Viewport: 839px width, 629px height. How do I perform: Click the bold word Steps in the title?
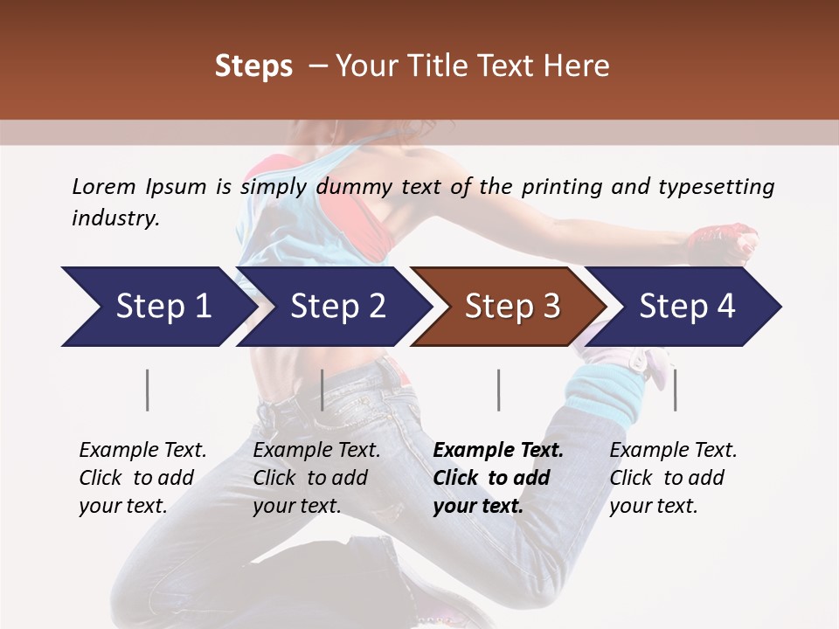pos(253,66)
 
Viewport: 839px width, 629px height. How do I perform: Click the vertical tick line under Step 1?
pos(148,390)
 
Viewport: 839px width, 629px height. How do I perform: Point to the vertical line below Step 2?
pos(322,390)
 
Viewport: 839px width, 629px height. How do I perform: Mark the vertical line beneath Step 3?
pos(498,390)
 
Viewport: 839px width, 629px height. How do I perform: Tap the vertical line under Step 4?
pos(675,390)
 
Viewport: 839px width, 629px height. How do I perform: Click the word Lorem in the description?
pos(104,187)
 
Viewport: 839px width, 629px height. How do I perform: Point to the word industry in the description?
pos(115,218)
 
